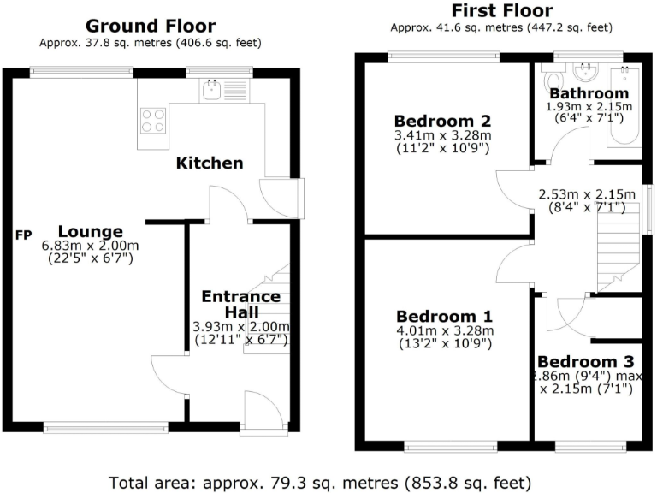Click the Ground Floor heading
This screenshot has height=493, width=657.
click(x=151, y=26)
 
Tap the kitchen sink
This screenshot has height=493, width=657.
click(x=210, y=87)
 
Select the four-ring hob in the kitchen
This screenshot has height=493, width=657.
click(x=153, y=120)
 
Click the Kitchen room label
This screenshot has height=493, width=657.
click(x=210, y=163)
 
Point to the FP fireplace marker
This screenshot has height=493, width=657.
click(x=23, y=234)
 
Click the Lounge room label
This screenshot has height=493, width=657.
click(x=91, y=231)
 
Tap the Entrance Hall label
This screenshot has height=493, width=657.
click(x=240, y=305)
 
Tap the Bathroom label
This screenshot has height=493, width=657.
click(x=589, y=92)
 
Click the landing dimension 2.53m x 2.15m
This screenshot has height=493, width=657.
click(x=587, y=194)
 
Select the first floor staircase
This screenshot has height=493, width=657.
click(x=618, y=248)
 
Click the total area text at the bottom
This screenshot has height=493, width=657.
click(x=320, y=481)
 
